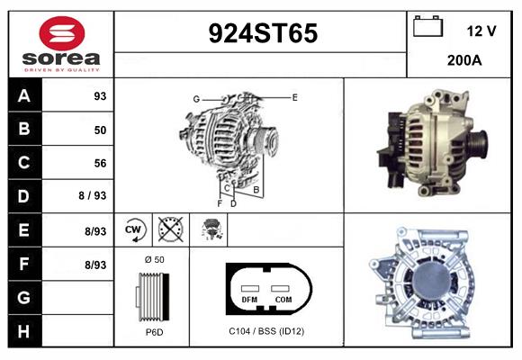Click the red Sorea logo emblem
(62, 33)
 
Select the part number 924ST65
(263, 33)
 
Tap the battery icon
(427, 26)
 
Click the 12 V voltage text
(481, 31)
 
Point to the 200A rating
(464, 60)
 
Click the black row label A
(25, 95)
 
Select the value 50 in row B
(100, 130)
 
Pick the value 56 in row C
(100, 163)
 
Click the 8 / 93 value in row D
(92, 195)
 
